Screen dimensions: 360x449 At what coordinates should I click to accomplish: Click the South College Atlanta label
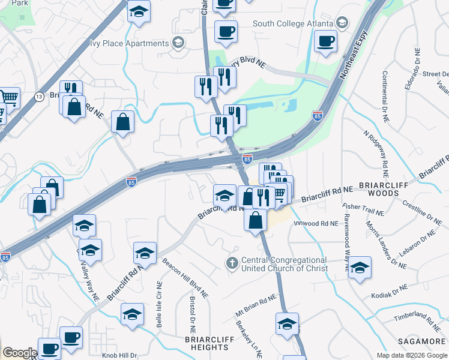[293, 24]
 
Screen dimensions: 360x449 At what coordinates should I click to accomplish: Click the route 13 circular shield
[39, 97]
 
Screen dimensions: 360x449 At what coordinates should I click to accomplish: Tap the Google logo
[20, 353]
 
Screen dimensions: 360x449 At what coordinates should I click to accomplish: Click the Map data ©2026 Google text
[411, 355]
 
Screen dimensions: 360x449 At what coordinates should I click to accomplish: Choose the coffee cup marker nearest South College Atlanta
[326, 41]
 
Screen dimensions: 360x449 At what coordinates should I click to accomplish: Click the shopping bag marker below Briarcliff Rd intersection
[256, 220]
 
